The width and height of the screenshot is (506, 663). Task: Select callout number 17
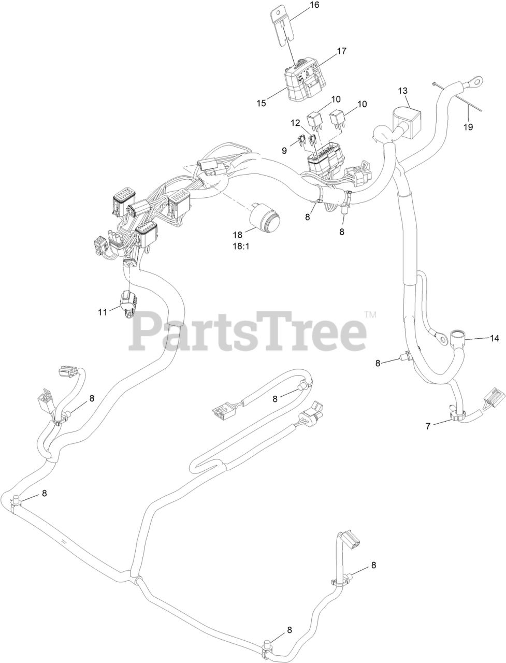[341, 51]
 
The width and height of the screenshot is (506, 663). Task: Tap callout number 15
[261, 103]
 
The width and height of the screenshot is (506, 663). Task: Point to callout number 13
[403, 91]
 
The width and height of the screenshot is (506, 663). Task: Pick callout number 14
[495, 338]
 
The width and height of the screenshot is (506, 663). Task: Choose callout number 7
[428, 426]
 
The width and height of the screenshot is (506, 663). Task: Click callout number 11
[102, 312]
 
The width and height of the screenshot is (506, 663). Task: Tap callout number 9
[284, 150]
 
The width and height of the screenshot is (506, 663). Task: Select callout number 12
[295, 123]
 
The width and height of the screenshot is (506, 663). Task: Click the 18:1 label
[240, 247]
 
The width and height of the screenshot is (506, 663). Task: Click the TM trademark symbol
[370, 314]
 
